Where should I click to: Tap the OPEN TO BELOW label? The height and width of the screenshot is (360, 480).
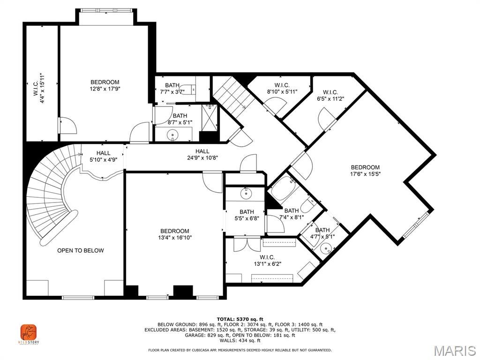pos(81,250)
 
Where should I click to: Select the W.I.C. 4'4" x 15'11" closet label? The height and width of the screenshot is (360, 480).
pos(38,88)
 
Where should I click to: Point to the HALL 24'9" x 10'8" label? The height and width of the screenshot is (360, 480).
pos(202,154)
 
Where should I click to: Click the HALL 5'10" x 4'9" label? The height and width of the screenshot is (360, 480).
pos(104,156)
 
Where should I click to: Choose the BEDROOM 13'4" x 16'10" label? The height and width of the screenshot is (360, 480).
pos(175,234)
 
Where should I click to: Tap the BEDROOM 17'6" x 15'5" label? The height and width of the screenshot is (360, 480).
pos(365,171)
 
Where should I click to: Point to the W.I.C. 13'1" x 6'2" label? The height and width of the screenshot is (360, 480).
pos(267,260)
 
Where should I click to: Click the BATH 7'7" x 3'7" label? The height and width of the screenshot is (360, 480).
pos(172,88)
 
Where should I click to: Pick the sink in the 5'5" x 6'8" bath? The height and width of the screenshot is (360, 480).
pos(245,193)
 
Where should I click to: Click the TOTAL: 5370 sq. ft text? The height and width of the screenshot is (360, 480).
pos(240,319)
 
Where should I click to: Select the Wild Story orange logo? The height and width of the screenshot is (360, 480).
pos(28,333)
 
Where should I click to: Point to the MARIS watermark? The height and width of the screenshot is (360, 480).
pos(454,351)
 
